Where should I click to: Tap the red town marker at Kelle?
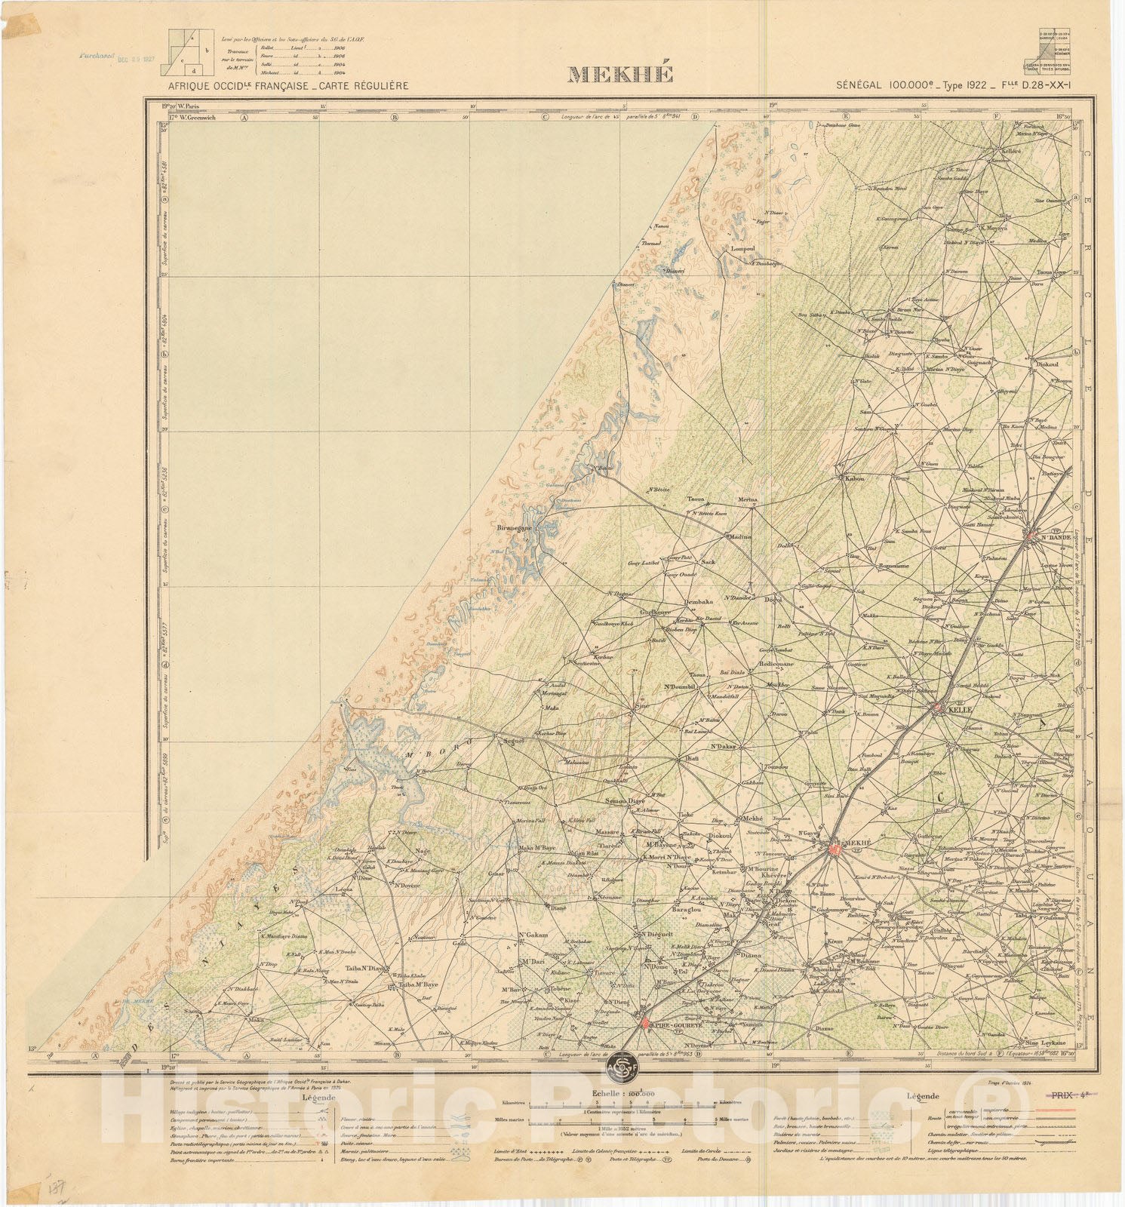tap(937, 708)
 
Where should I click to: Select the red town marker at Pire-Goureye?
tap(646, 1023)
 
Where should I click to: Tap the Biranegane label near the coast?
tap(515, 528)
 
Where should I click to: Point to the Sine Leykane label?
tap(1040, 1043)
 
